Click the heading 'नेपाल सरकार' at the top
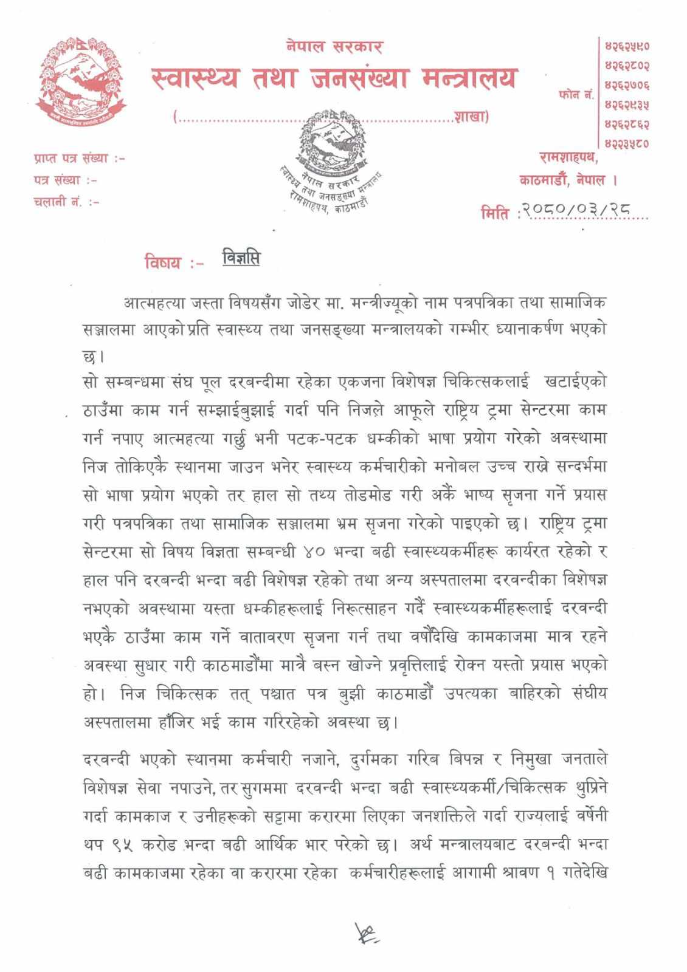coord(334,46)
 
